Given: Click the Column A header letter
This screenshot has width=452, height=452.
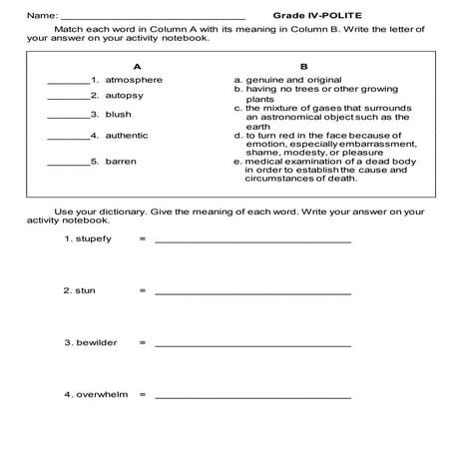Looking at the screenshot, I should (x=122, y=65).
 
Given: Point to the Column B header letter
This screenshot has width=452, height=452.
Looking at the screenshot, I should (x=302, y=65).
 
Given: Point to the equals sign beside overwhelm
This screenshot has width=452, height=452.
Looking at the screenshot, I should (x=143, y=395).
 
